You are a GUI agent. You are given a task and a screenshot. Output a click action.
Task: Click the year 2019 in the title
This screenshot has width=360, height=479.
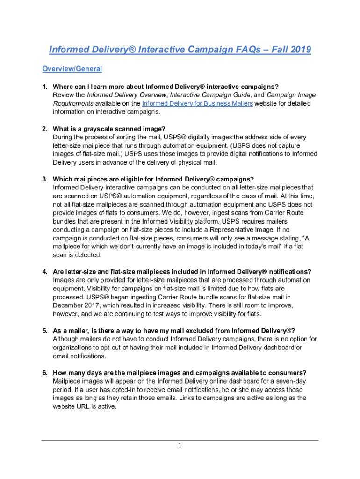[298, 50]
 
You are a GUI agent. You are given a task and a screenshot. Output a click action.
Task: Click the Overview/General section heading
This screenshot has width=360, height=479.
[72, 69]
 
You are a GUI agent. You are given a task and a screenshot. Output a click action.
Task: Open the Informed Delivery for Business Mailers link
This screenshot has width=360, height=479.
[197, 103]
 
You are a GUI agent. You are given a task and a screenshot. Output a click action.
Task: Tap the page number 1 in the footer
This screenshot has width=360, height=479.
[179, 445]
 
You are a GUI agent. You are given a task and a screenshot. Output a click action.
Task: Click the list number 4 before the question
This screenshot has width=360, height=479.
[45, 272]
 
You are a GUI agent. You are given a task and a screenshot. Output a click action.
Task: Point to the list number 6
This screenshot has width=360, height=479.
[45, 373]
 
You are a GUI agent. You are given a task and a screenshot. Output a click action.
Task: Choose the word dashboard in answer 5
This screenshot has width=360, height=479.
[273, 348]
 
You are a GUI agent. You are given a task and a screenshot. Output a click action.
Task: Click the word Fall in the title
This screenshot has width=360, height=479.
[275, 50]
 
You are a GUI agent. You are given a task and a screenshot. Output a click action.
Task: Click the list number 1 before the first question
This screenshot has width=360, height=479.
[45, 87]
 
